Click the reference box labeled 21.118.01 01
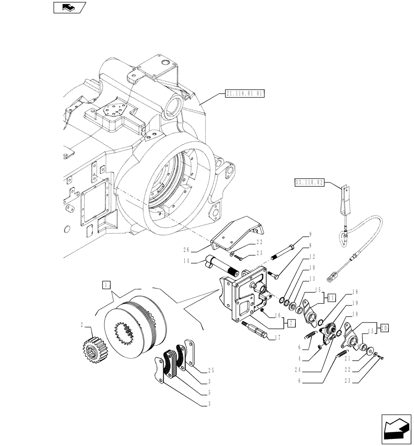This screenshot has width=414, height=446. [x=245, y=94]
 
